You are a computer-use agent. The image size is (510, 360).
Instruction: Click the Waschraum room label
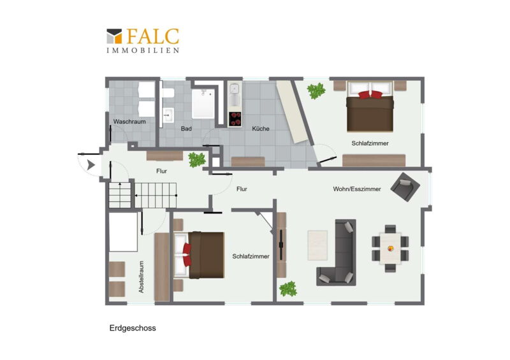pos(129,122)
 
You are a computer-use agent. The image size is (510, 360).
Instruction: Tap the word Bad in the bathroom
pos(186,129)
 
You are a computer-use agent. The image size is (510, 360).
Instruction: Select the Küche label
pos(261,129)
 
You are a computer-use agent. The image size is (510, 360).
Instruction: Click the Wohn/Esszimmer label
pos(357,189)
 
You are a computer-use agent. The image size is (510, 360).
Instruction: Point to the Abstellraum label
pos(141,277)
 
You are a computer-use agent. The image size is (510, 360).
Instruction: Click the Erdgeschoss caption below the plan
pos(133,328)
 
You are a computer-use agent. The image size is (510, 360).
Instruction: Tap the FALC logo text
pos(153,36)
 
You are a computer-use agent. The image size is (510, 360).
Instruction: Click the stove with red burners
pos(235,119)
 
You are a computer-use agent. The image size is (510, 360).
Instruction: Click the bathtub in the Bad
pos(203,103)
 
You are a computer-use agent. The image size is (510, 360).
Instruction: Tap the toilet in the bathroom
pos(168,93)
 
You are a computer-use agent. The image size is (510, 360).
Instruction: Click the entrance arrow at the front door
pos(91,165)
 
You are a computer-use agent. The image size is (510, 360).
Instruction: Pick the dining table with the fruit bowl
pos(390,248)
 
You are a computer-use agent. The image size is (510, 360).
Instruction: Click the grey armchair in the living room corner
pos(405,187)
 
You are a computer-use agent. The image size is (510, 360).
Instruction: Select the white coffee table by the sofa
pos(317,245)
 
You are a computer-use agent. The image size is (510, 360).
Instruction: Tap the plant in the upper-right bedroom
pos(316,90)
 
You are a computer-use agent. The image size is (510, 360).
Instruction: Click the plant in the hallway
pos(197,160)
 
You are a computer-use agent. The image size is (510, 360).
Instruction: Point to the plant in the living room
pos(288,289)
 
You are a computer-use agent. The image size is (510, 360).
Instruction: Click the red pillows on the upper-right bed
pos(370,95)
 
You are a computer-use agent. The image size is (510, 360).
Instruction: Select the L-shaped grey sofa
pos(337,253)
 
